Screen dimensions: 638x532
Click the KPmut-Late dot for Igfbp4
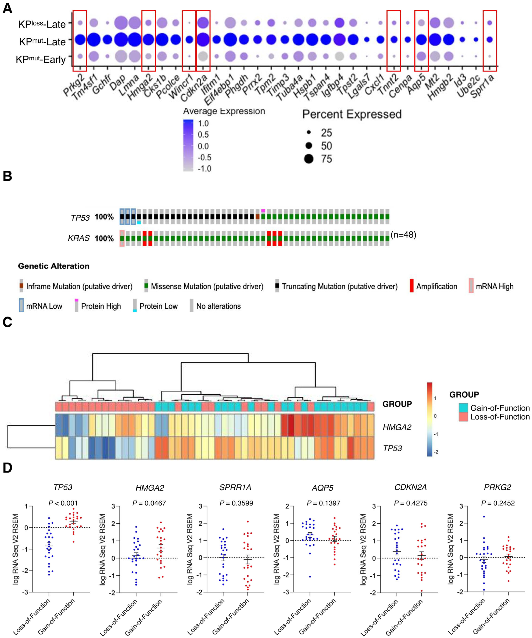tap(339, 39)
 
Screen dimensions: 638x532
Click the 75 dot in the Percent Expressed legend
tap(309, 159)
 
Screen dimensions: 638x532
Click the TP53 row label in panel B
tap(80, 218)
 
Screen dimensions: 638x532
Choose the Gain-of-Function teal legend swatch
tap(463, 408)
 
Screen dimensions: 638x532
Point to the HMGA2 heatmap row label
tap(397, 427)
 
